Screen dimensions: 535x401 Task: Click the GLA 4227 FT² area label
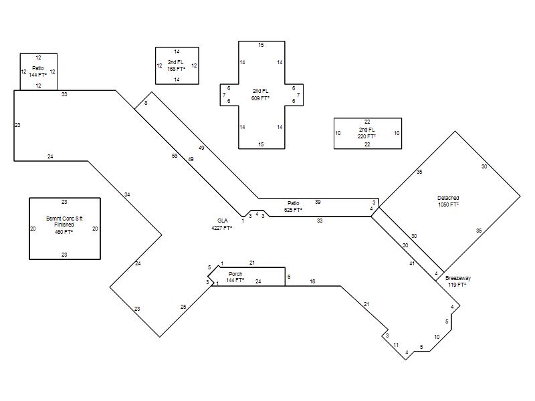[x=222, y=225]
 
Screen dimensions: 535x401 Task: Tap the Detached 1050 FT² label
[x=448, y=201]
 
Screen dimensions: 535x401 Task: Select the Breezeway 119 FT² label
[x=457, y=281]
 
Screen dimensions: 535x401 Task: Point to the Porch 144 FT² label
[x=235, y=277]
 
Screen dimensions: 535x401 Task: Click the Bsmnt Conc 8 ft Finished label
[x=64, y=225]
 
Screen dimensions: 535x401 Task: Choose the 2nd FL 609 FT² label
[x=260, y=94]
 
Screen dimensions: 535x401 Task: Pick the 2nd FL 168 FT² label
[x=176, y=65]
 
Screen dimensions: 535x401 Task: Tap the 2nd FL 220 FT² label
[x=366, y=133]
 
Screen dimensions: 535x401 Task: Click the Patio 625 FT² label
[x=293, y=207]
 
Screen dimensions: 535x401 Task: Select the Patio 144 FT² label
[x=38, y=72]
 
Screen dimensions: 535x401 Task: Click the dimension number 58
[x=175, y=156]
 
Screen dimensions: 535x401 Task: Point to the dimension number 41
[x=412, y=263]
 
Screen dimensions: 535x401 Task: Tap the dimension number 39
[x=318, y=202]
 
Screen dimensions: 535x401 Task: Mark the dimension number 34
[x=127, y=194]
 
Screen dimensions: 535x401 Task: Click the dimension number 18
[x=312, y=281]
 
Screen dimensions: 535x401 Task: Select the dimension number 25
[x=183, y=307]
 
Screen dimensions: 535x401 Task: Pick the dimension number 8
[x=146, y=103]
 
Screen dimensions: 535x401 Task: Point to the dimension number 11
[x=396, y=345]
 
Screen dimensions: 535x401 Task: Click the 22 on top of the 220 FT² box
[x=367, y=122]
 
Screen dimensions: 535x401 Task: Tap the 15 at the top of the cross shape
[x=261, y=45]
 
